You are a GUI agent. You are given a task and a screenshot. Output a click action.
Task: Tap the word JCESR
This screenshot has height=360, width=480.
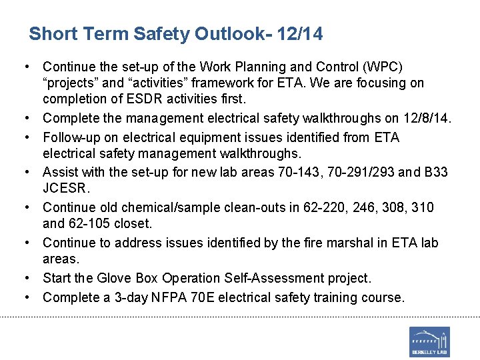[x=65, y=188]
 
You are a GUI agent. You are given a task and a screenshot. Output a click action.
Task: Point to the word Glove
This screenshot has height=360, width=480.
[x=113, y=278]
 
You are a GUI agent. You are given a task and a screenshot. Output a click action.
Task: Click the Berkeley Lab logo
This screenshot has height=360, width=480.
[x=429, y=341]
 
